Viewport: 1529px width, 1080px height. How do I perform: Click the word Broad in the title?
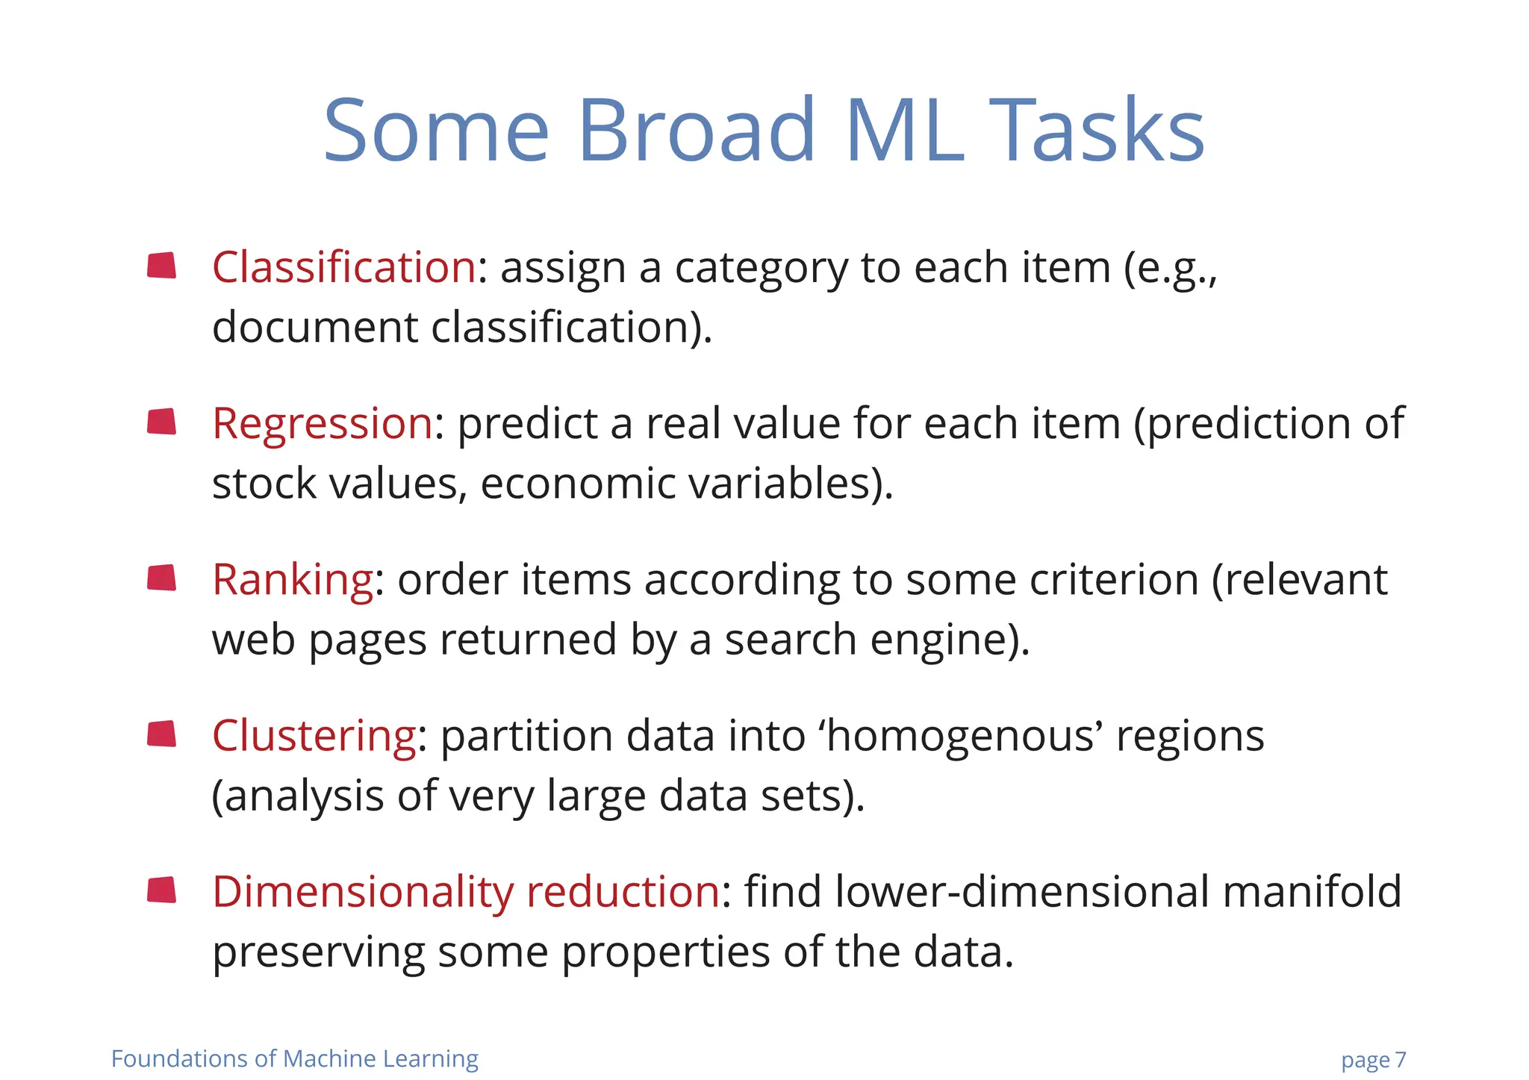coord(696,131)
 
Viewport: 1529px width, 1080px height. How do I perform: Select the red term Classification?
coord(344,267)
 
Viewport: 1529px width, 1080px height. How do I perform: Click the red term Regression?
coord(323,423)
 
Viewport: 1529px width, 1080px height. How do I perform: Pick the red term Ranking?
coord(293,579)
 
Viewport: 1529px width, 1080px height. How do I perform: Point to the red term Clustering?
coord(314,735)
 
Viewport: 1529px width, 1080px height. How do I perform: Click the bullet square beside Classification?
coord(162,266)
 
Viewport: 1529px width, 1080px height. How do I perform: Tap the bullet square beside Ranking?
coord(162,578)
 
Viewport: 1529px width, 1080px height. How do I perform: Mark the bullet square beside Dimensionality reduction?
coord(162,890)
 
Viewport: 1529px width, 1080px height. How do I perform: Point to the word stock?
coord(264,484)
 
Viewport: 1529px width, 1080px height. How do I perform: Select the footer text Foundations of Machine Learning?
coord(295,1059)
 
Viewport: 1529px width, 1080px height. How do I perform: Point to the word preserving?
coord(318,953)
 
